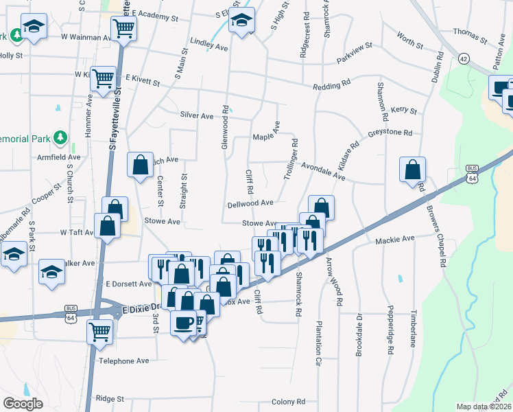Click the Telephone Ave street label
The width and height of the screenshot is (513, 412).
pyautogui.click(x=124, y=360)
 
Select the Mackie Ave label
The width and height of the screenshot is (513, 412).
pyautogui.click(x=395, y=240)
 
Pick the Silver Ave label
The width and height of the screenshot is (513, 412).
pyautogui.click(x=197, y=116)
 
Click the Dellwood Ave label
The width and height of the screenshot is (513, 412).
pyautogui.click(x=251, y=203)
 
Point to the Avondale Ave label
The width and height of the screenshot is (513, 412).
pyautogui.click(x=323, y=170)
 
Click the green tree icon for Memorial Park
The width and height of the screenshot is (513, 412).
pyautogui.click(x=61, y=138)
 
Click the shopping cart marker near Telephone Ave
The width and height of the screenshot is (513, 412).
pyautogui.click(x=100, y=332)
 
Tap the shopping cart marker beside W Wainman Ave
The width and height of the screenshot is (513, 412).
pyautogui.click(x=124, y=28)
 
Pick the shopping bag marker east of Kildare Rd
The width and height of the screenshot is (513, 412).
pyautogui.click(x=412, y=169)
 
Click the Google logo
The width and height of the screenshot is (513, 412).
pyautogui.click(x=23, y=404)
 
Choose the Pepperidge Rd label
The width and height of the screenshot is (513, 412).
pyautogui.click(x=390, y=330)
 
